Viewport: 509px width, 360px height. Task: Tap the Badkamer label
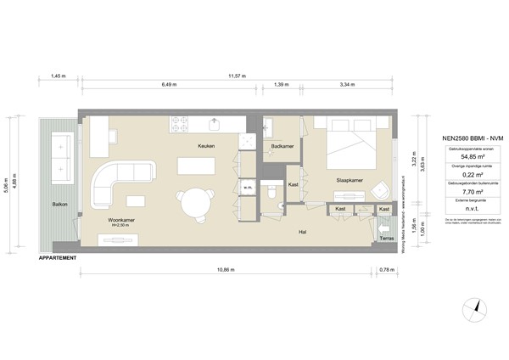[282, 146]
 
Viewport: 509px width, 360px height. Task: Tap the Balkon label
[59, 205]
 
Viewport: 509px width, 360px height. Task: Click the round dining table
[194, 202]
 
